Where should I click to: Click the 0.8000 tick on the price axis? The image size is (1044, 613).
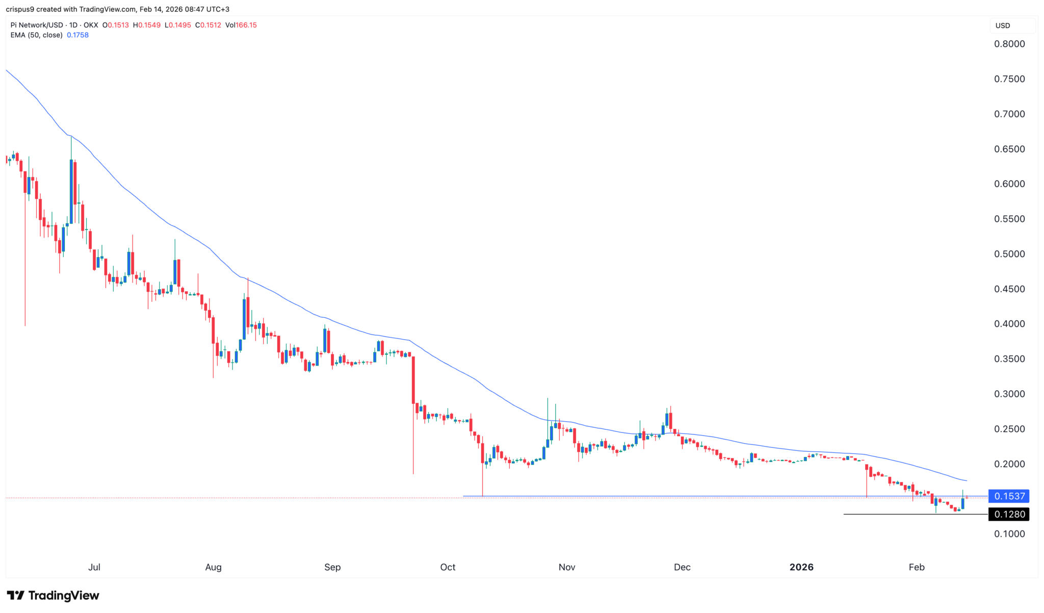pyautogui.click(x=1009, y=44)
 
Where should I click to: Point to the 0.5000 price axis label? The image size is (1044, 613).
pyautogui.click(x=1009, y=254)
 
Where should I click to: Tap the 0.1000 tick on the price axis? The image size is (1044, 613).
pyautogui.click(x=1009, y=534)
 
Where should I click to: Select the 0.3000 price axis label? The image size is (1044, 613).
pyautogui.click(x=1009, y=394)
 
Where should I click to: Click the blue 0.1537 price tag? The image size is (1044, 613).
pyautogui.click(x=1009, y=496)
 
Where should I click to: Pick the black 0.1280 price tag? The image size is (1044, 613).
pyautogui.click(x=1009, y=514)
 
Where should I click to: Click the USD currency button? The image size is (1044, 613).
pyautogui.click(x=1003, y=25)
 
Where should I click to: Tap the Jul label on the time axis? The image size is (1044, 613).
pyautogui.click(x=94, y=567)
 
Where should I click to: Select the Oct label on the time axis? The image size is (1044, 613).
pyautogui.click(x=448, y=567)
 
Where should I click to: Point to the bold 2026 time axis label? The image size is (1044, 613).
pyautogui.click(x=801, y=567)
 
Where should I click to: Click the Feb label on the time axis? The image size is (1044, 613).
pyautogui.click(x=916, y=567)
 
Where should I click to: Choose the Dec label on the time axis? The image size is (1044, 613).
pyautogui.click(x=682, y=567)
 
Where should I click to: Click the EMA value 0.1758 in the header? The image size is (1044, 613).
pyautogui.click(x=77, y=35)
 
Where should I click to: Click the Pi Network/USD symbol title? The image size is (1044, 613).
pyautogui.click(x=37, y=25)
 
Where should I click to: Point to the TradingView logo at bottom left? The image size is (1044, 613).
pyautogui.click(x=53, y=595)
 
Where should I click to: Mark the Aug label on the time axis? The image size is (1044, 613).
pyautogui.click(x=213, y=567)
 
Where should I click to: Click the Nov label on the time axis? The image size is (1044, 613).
pyautogui.click(x=566, y=567)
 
